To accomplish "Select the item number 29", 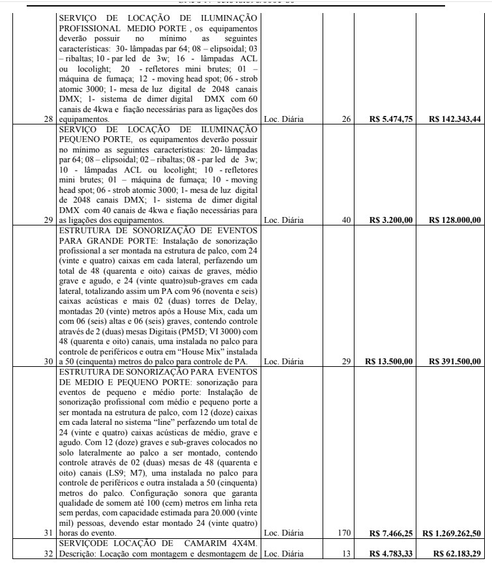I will pos(50,220).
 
